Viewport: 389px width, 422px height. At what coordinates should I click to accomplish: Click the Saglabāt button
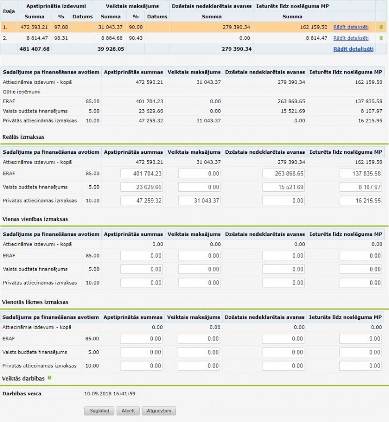99,411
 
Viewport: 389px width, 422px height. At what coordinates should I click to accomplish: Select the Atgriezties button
159,411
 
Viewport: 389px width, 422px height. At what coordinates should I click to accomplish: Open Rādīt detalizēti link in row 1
351,27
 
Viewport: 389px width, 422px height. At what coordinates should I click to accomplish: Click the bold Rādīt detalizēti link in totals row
353,49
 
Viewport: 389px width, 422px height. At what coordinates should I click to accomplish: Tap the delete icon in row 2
381,38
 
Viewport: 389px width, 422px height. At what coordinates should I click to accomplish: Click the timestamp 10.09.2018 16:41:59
110,393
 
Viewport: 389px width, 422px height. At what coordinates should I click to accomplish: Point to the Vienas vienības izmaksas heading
35,219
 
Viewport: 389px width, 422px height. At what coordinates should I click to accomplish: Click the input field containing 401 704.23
142,173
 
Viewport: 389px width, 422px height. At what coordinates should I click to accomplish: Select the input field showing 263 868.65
284,173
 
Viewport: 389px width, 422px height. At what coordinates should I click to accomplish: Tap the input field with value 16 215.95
361,201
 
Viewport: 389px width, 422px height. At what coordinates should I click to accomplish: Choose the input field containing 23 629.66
142,187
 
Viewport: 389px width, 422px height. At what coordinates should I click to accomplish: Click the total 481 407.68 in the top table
34,49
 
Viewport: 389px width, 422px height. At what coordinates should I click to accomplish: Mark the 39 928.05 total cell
111,49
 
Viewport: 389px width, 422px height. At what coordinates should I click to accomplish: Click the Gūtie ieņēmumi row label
22,92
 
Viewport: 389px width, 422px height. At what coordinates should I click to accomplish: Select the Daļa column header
8,11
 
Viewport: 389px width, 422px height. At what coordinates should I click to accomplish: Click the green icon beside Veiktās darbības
50,377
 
